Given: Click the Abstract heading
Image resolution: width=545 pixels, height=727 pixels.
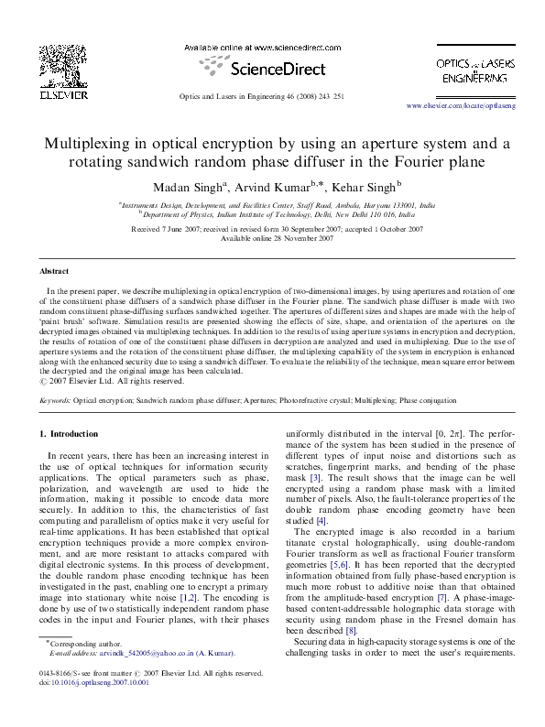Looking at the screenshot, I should click(52, 272).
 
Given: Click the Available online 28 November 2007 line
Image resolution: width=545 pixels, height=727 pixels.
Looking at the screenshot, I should click(272, 238).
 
